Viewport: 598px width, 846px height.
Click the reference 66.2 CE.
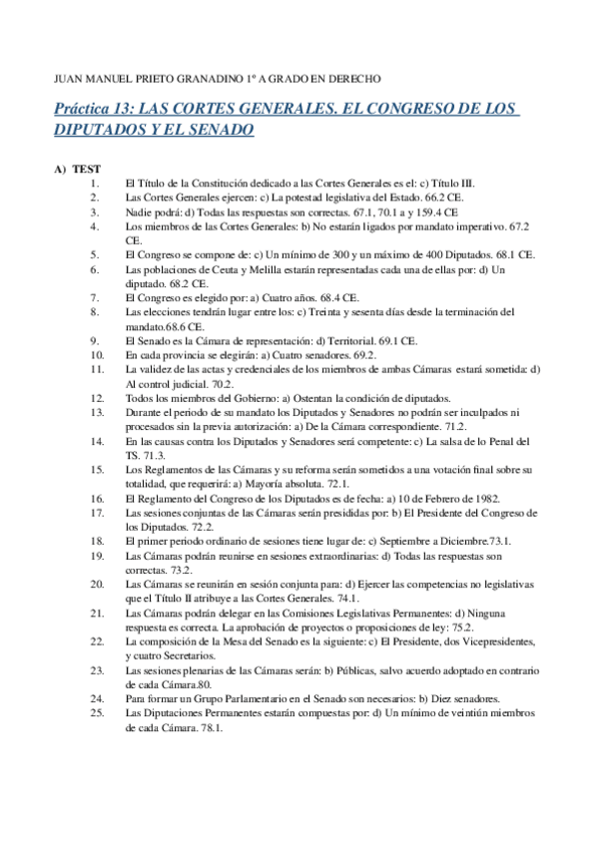tap(380, 199)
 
